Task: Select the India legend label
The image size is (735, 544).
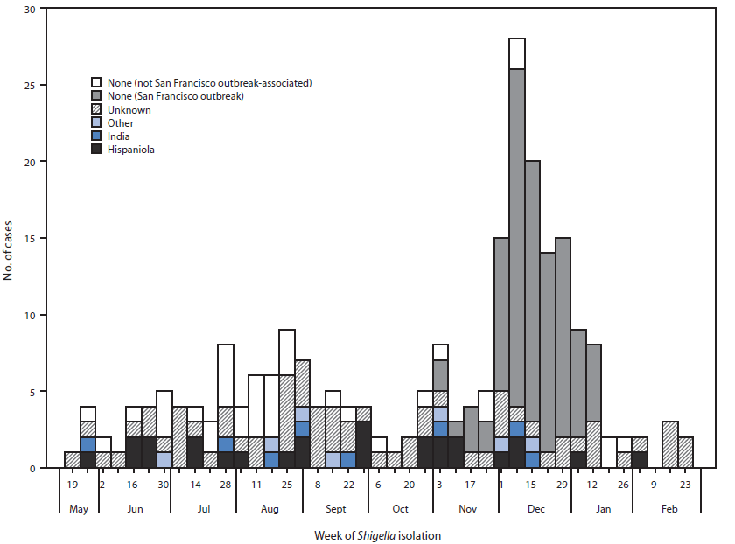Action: click(x=120, y=136)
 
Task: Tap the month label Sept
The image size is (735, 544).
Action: click(x=335, y=507)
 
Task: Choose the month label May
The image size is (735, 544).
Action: click(x=78, y=507)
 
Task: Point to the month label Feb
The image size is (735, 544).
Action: click(x=668, y=507)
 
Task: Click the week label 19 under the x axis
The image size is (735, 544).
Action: click(x=73, y=483)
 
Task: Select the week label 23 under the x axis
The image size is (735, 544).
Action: click(x=685, y=483)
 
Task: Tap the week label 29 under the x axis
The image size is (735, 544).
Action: click(x=563, y=483)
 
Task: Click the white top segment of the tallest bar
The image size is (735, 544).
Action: click(x=517, y=53)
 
